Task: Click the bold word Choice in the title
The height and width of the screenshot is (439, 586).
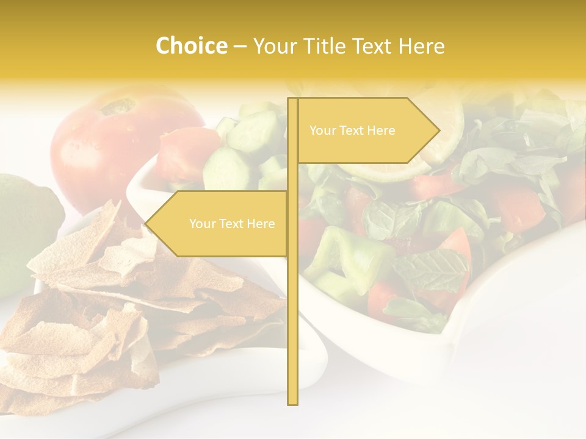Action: coord(191,46)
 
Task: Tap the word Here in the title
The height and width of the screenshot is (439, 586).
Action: coord(421,46)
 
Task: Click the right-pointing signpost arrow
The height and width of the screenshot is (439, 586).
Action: coord(366,130)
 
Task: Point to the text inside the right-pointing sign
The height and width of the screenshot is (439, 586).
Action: coord(352,130)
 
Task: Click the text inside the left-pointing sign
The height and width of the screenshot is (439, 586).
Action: coord(232,224)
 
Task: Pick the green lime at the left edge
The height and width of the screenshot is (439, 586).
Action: coord(24,232)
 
